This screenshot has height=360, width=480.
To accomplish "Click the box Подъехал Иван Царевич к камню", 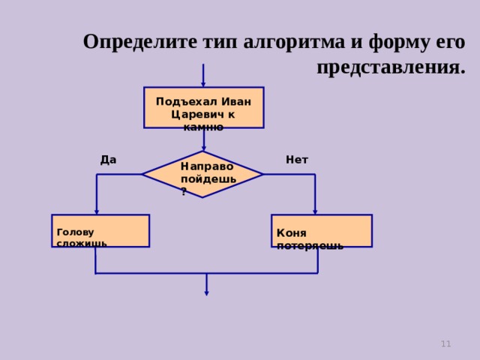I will pos(203,107).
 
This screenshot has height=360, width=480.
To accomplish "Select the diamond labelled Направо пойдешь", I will pos(202,174).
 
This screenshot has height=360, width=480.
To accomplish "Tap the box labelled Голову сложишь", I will pos(100,230).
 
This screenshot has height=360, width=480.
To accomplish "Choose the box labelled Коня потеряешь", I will pos(321,230).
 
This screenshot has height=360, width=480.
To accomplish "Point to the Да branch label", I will pos(108,159).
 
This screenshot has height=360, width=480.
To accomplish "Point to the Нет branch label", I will pos(297,159).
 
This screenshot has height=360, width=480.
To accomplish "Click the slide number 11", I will pos(445,343).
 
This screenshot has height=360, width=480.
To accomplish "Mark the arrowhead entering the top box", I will pos(203,85).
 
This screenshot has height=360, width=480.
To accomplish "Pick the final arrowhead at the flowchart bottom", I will pos(206,293).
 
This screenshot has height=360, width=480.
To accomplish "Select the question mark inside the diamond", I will pos(184,192).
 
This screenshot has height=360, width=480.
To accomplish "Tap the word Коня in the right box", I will pos(292,232).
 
